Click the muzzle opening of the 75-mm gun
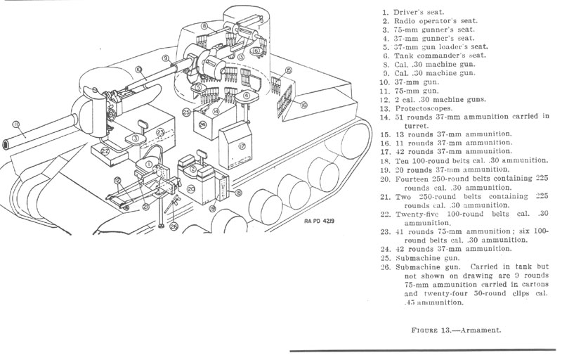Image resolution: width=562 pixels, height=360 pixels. click(x=6, y=143)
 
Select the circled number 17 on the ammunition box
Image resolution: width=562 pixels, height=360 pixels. click(x=240, y=146)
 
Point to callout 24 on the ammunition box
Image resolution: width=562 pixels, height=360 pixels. click(x=202, y=124)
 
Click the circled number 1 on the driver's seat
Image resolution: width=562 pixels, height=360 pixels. click(x=149, y=164)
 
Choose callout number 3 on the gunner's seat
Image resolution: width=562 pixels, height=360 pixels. click(x=132, y=139)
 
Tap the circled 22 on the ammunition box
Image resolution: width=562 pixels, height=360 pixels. click(x=105, y=150)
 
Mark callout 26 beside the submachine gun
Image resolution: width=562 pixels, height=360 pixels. click(x=175, y=226)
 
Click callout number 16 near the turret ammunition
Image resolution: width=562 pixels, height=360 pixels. click(x=303, y=105)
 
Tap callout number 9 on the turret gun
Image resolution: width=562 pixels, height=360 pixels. click(x=165, y=58)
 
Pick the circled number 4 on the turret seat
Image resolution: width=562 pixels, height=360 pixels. click(x=247, y=95)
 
